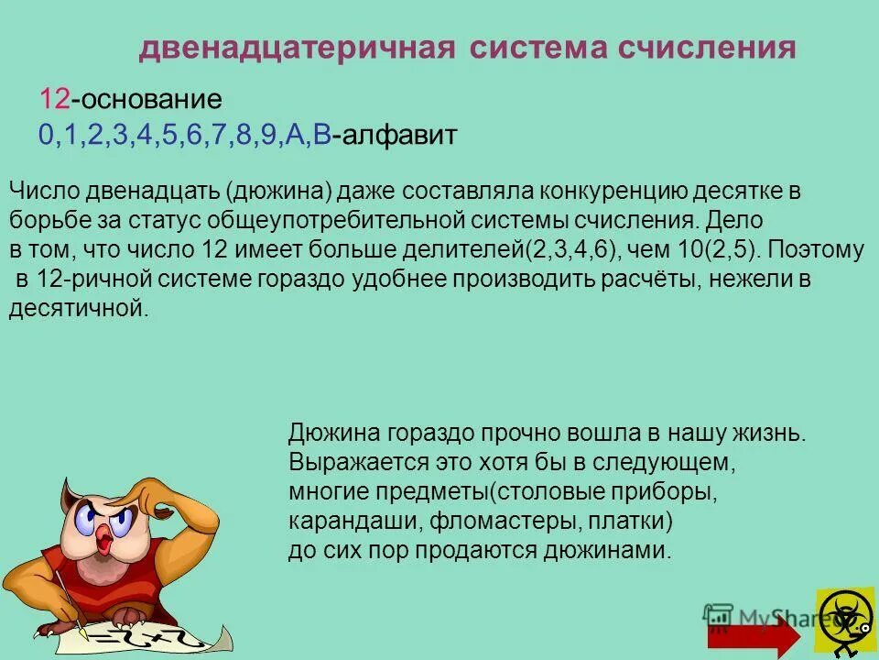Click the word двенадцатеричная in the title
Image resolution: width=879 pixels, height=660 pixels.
click(297, 49)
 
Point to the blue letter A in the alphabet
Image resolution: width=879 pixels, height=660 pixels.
click(295, 136)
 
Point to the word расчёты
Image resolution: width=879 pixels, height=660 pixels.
click(649, 280)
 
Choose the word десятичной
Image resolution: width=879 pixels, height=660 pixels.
click(77, 309)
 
